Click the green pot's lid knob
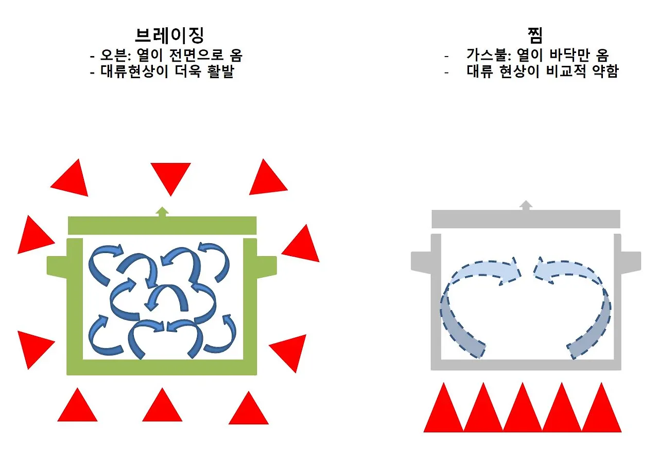point(162,211)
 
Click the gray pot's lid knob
point(526,205)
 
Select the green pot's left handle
point(57,265)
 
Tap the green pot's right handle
point(266,265)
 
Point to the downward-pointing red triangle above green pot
point(170,175)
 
